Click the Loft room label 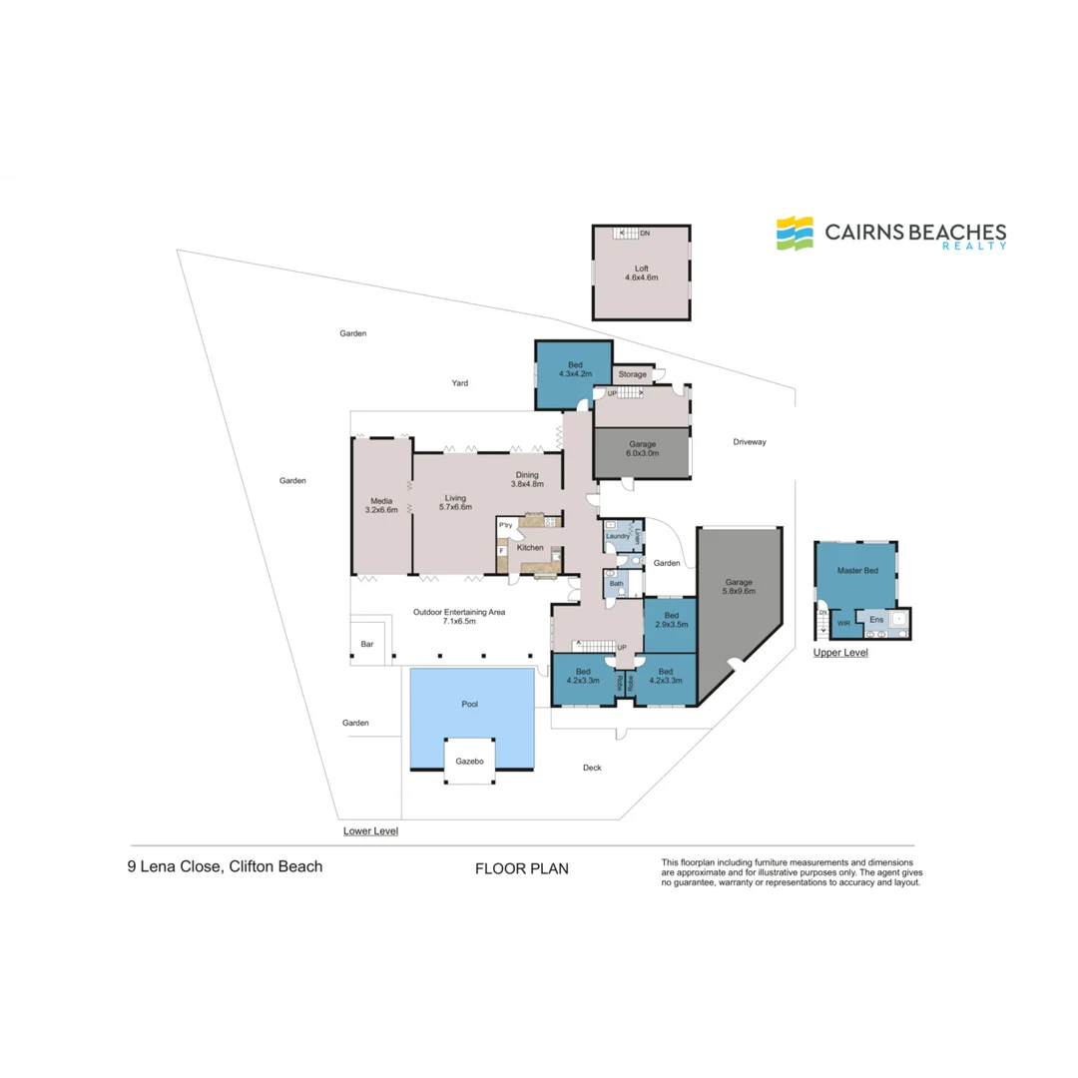[642, 272]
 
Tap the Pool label [469, 704]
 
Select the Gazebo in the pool [469, 761]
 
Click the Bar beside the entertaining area [367, 644]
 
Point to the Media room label [381, 505]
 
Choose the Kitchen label [530, 547]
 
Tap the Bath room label [616, 583]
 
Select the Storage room [633, 374]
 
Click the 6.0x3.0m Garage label [642, 448]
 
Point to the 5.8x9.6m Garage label [739, 586]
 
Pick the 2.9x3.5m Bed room [671, 625]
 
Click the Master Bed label [857, 570]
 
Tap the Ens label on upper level [876, 620]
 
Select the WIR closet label [843, 623]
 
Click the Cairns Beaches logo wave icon [795, 233]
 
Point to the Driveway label [750, 441]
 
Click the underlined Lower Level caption [370, 830]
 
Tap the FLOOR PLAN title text [522, 868]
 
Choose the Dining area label [527, 479]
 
